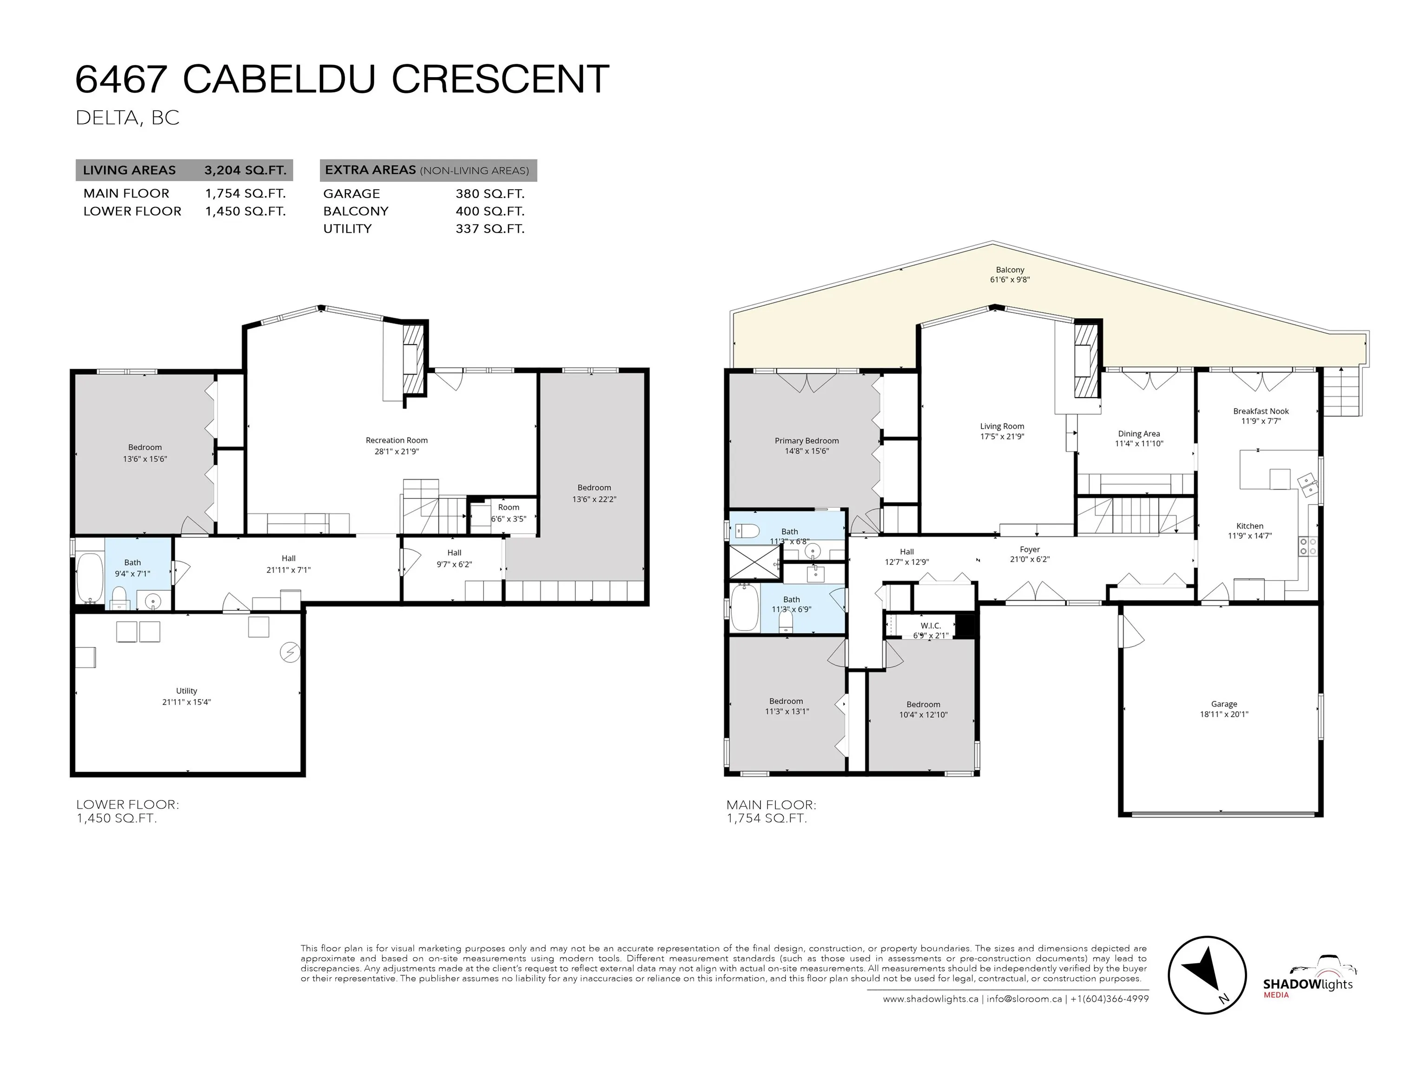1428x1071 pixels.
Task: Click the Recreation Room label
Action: click(397, 440)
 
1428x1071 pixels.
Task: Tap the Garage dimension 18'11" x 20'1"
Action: click(1223, 714)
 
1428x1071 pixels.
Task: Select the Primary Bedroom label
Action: click(807, 441)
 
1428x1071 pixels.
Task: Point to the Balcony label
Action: click(1010, 270)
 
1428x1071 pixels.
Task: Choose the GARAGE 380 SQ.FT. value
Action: click(489, 194)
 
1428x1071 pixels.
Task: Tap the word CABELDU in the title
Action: click(279, 79)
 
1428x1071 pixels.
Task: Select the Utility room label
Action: click(186, 691)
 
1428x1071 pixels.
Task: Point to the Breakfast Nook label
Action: click(1260, 411)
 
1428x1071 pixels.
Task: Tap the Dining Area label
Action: click(1139, 434)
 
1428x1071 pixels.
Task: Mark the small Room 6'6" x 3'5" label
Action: click(508, 513)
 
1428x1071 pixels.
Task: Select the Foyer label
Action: click(1030, 549)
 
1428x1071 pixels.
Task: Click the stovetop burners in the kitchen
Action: click(1307, 546)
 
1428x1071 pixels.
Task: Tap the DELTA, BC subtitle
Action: click(127, 118)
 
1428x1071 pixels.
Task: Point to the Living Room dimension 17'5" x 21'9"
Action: click(1002, 436)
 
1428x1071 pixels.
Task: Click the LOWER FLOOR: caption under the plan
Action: click(127, 804)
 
